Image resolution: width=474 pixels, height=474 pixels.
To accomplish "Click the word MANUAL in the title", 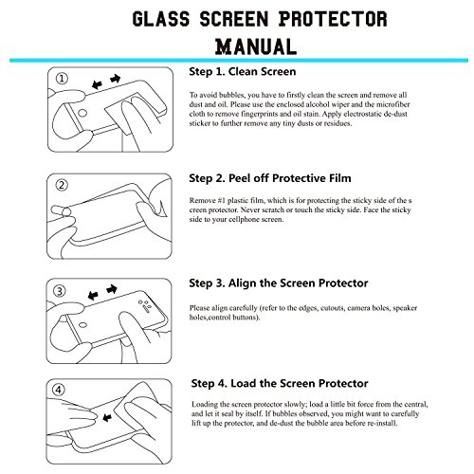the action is coord(256,46).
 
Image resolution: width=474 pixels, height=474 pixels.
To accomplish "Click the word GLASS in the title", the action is coord(161,19).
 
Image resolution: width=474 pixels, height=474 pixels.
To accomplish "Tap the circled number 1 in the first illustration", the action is coord(62,79).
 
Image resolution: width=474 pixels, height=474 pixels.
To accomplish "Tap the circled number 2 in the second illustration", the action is coord(62,185).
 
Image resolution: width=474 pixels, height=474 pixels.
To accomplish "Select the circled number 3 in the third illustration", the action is coord(60,291).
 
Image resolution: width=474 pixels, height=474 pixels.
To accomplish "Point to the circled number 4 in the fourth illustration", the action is coord(59,390).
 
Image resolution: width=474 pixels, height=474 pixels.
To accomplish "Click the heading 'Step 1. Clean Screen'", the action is coord(243,72).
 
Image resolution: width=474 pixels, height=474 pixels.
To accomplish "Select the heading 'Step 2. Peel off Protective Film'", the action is coord(270,178).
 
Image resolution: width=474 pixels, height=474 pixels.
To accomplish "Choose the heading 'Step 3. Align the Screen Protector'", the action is coord(279,283).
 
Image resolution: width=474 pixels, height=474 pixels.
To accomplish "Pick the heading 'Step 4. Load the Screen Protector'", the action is coord(280,383).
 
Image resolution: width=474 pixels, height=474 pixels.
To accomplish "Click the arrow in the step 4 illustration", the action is coord(107,417).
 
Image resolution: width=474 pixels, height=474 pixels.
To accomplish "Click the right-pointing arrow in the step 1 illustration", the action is coord(116,79).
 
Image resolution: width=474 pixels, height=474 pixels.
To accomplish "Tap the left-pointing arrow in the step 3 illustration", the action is coord(93,296).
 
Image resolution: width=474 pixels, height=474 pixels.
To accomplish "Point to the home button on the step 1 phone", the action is coord(82,113).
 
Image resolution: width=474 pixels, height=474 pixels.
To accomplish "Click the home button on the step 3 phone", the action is coord(82,325).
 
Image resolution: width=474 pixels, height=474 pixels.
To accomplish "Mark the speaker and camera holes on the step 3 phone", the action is coord(144,304).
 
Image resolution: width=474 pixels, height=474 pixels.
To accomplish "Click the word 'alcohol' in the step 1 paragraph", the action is coord(318,104).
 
